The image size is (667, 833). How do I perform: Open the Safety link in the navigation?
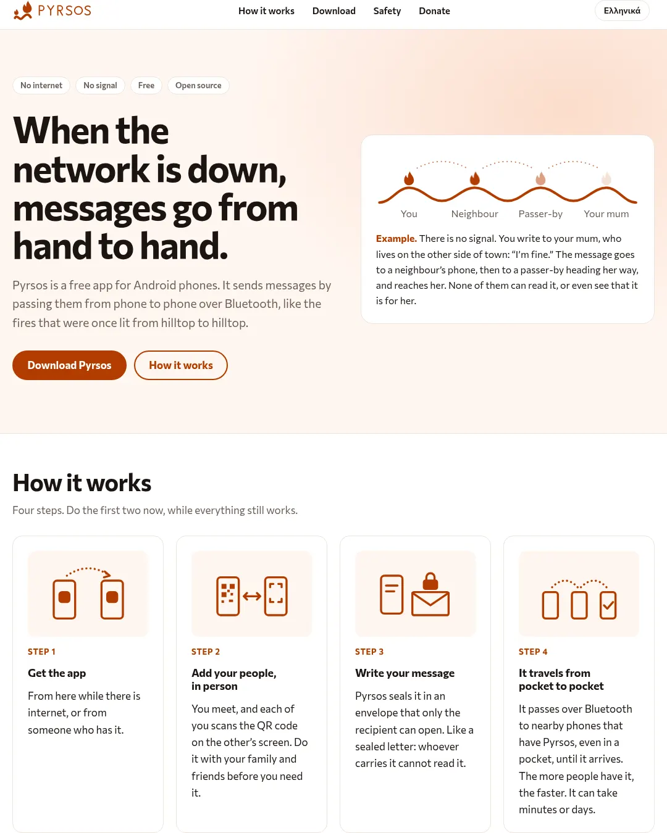[x=387, y=11]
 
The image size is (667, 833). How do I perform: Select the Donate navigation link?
[x=434, y=11]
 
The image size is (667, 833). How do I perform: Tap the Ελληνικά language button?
[x=622, y=11]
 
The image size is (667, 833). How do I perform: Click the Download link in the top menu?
[x=333, y=11]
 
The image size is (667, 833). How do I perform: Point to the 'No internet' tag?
[x=41, y=85]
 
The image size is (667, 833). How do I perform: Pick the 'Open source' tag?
[x=198, y=85]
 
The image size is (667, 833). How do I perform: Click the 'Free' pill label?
[x=146, y=85]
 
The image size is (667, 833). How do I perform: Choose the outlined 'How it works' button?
[x=180, y=365]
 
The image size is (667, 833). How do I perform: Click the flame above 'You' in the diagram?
[x=409, y=178]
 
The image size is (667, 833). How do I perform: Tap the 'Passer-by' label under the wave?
[x=540, y=213]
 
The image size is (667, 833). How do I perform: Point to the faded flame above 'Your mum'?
[x=606, y=178]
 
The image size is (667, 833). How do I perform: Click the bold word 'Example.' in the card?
[x=396, y=238]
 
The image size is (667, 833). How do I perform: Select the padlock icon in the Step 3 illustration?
[x=430, y=581]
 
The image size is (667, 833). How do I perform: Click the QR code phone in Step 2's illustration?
[x=228, y=595]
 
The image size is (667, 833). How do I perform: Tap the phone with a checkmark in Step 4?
[x=608, y=605]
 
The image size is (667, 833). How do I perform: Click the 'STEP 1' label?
[x=41, y=652]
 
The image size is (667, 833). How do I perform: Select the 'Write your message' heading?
[x=405, y=673]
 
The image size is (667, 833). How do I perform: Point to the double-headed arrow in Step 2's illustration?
[x=252, y=596]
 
